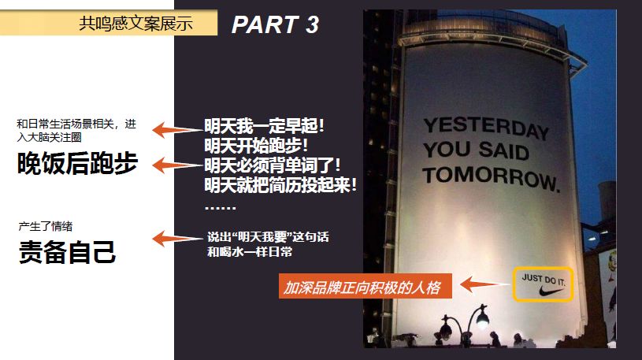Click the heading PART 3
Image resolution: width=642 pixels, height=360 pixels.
[275, 24]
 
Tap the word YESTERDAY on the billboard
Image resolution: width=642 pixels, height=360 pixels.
[485, 128]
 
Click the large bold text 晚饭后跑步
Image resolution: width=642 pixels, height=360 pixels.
[77, 163]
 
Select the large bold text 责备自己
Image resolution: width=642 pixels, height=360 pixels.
[67, 252]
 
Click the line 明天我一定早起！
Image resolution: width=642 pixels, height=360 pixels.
[265, 126]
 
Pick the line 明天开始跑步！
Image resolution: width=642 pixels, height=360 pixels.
[257, 147]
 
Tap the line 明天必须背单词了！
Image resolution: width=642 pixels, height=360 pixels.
[273, 166]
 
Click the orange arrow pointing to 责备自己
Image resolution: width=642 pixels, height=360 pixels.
[172, 239]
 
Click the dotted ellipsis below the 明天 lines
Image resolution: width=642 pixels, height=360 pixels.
[220, 207]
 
